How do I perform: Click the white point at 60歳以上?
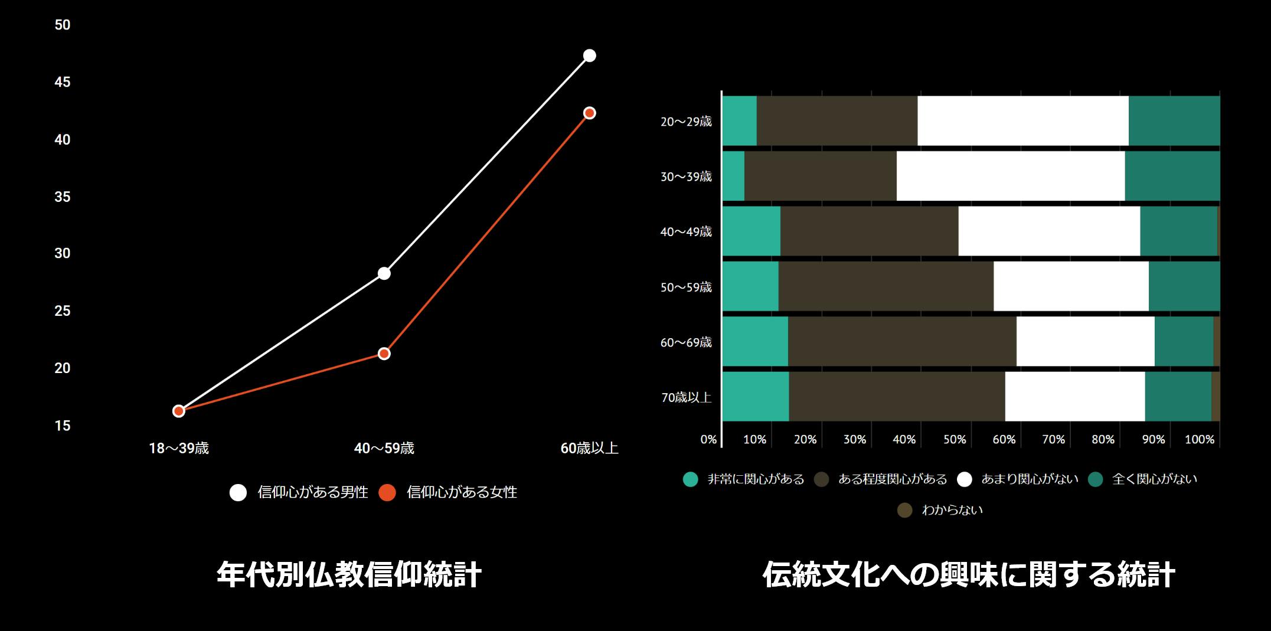pyautogui.click(x=589, y=55)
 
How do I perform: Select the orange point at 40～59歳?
pyautogui.click(x=384, y=354)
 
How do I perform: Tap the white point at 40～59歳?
pyautogui.click(x=384, y=273)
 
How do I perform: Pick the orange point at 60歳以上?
pyautogui.click(x=589, y=113)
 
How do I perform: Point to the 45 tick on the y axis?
pyautogui.click(x=62, y=82)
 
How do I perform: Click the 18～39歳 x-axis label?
pyautogui.click(x=178, y=449)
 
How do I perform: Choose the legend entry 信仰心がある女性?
pyautogui.click(x=448, y=492)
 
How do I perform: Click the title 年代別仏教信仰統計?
pyautogui.click(x=349, y=574)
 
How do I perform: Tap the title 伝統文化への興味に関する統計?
pyautogui.click(x=968, y=574)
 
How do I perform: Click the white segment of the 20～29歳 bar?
pyautogui.click(x=1022, y=120)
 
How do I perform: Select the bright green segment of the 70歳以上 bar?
pyautogui.click(x=755, y=396)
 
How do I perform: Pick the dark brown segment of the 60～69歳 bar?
pyautogui.click(x=901, y=341)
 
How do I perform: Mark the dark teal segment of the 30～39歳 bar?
pyautogui.click(x=1172, y=176)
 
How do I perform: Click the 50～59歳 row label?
pyautogui.click(x=685, y=287)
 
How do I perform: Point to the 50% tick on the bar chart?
pyautogui.click(x=954, y=440)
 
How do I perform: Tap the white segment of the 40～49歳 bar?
pyautogui.click(x=1048, y=231)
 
